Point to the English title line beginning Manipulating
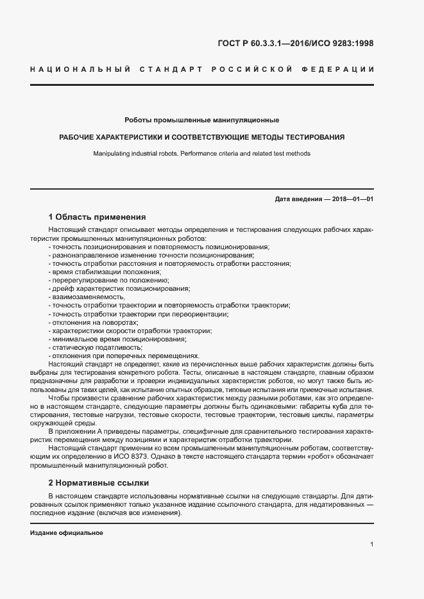(201, 154)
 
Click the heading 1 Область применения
(98, 217)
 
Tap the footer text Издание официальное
(66, 533)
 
